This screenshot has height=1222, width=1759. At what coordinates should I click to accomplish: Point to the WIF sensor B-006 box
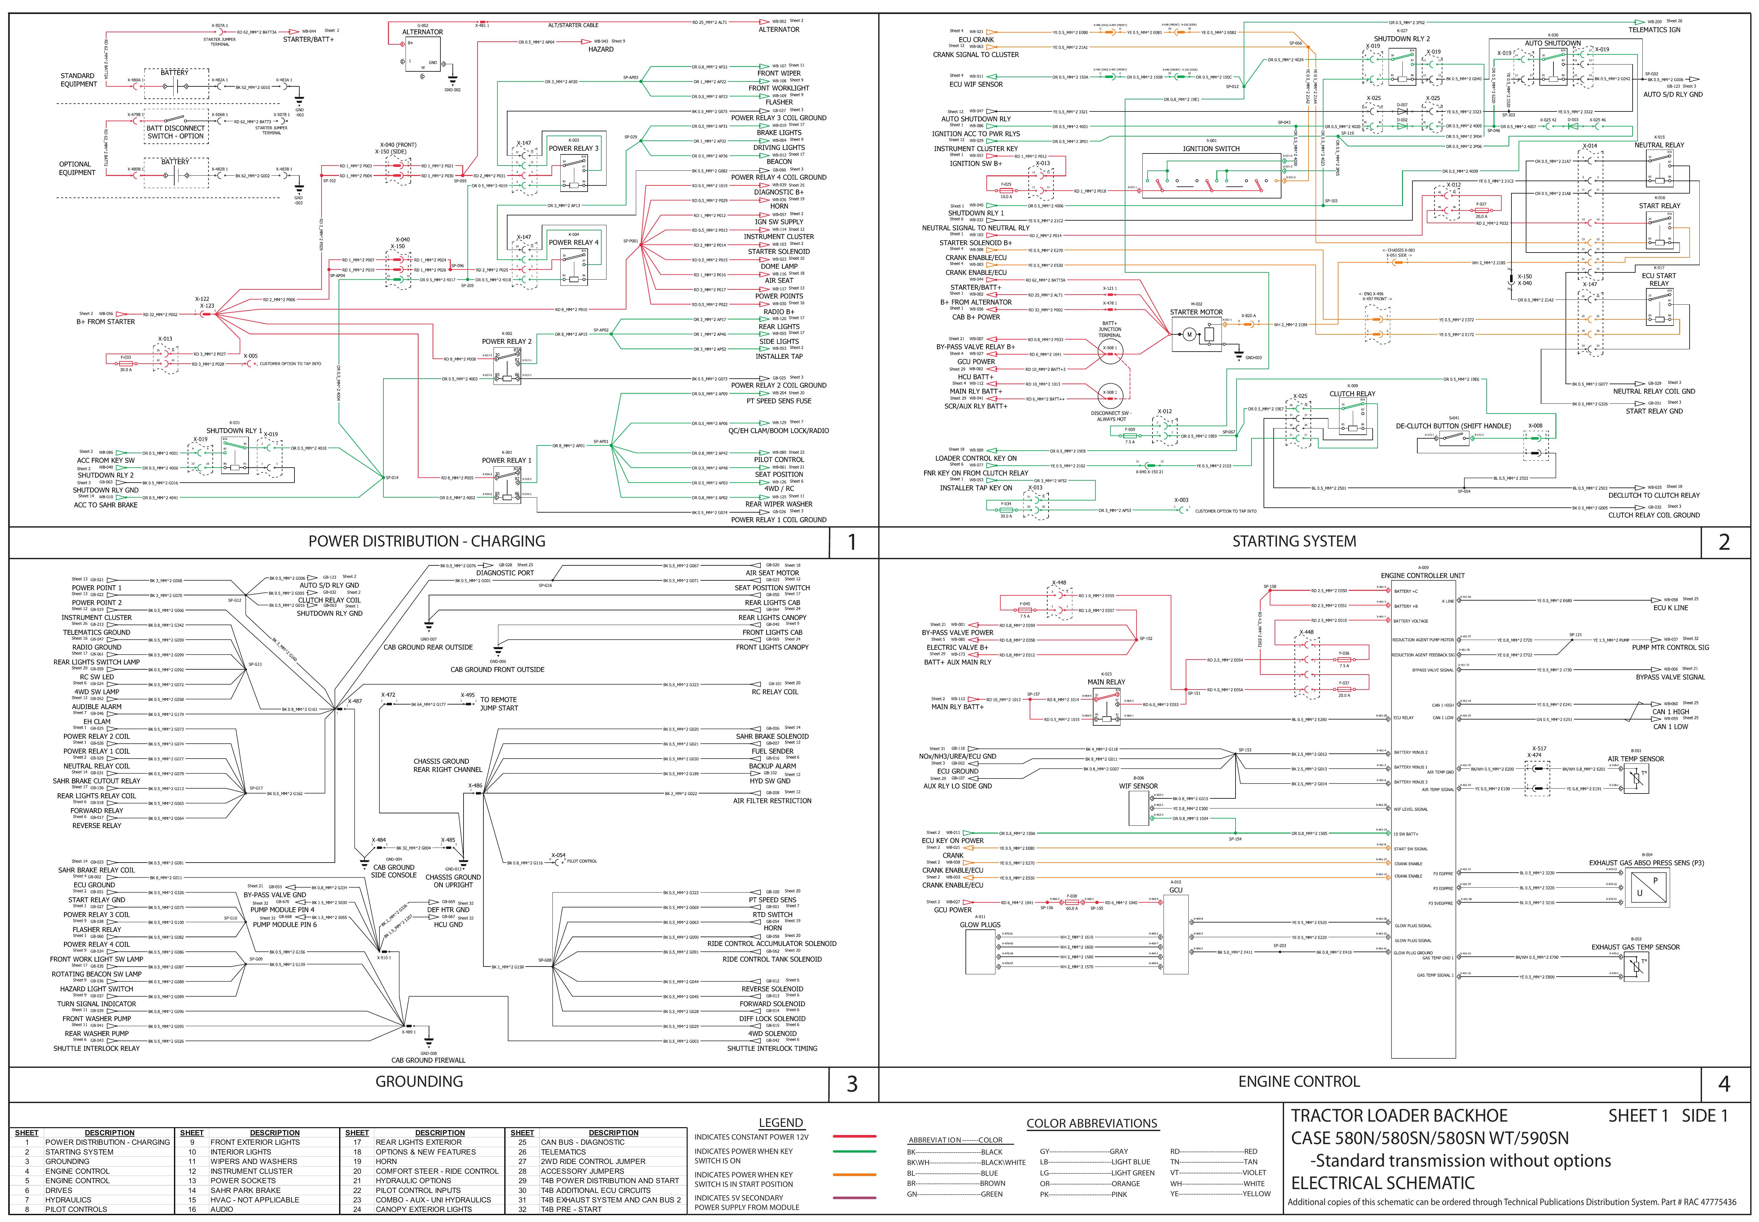point(1138,808)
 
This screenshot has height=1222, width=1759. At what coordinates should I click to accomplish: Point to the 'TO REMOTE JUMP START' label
point(498,704)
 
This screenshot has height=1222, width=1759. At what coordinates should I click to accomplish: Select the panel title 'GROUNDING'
point(419,1081)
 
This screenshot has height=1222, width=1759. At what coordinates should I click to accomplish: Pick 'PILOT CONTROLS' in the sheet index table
point(76,1210)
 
